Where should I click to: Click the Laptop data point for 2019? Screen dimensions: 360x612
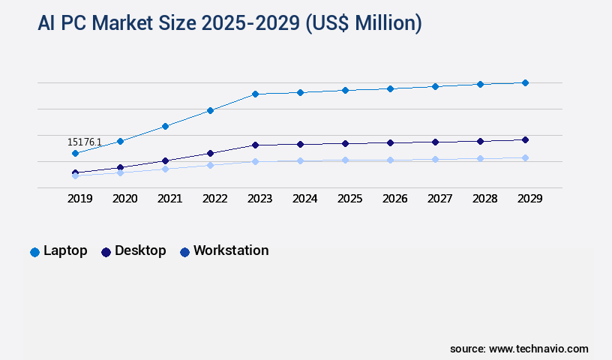75,153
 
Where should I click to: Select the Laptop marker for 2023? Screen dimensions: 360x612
255,94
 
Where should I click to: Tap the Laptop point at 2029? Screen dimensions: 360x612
525,82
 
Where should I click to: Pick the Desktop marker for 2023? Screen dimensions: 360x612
255,145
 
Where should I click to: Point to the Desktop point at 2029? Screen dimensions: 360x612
525,139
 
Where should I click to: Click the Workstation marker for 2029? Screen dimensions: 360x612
525,157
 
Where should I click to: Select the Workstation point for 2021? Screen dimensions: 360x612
165,169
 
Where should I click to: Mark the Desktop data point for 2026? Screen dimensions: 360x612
390,142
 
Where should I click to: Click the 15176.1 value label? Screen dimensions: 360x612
85,142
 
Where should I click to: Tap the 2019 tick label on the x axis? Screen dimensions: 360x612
79,199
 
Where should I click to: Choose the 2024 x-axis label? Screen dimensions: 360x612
304,199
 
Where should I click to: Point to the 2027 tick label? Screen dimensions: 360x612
439,199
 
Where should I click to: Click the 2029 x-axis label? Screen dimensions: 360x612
529,199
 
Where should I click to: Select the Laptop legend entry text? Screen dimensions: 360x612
65,250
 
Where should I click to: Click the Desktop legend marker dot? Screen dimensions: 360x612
106,252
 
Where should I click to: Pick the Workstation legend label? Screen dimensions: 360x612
231,250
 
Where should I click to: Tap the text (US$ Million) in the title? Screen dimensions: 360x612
364,24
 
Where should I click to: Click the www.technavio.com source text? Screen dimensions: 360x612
538,349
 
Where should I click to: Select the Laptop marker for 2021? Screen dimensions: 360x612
165,126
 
